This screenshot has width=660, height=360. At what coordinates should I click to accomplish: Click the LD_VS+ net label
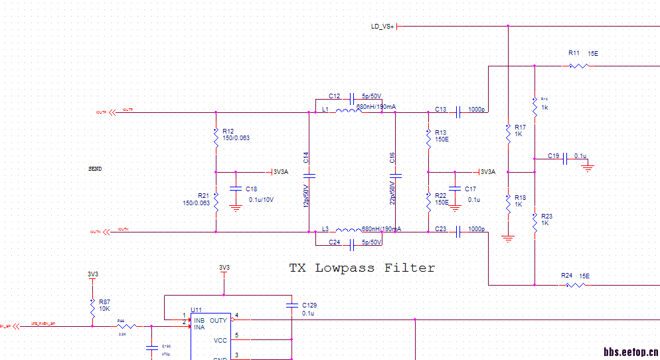[383, 27]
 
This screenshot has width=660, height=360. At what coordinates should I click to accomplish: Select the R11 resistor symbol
[578, 66]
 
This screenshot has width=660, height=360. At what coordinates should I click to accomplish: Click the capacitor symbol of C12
[353, 96]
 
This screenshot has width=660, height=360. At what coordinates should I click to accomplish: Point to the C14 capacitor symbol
[309, 175]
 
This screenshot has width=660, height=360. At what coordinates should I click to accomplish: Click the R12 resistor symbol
[216, 138]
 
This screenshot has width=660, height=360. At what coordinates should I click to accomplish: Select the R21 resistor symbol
[216, 200]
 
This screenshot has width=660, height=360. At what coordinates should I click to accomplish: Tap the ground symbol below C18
[234, 209]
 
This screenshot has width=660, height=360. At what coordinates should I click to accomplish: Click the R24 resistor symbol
[575, 285]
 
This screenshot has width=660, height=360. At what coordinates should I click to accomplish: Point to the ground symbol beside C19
[587, 168]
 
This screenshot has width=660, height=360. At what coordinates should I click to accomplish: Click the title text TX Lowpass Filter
[362, 268]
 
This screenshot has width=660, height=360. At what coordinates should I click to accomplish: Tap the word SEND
[95, 169]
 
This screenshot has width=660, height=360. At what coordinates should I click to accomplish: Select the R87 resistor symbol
[92, 306]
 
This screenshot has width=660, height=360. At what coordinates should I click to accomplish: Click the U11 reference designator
[196, 310]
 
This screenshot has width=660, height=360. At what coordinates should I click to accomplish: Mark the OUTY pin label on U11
[218, 320]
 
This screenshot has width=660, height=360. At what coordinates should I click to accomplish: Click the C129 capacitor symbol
[291, 306]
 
